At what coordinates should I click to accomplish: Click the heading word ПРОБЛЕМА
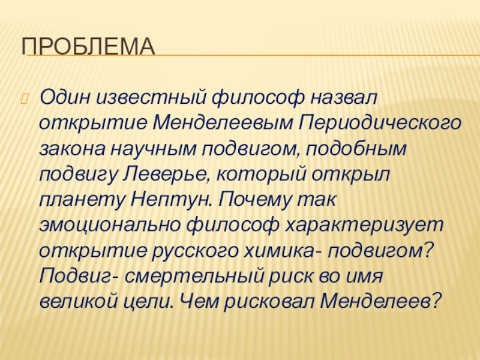(89, 47)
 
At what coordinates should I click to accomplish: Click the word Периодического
(379, 122)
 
